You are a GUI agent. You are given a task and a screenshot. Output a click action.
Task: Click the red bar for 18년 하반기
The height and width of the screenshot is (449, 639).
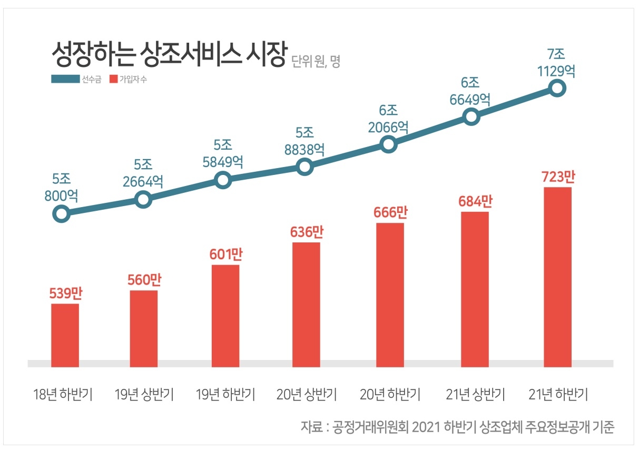(65, 335)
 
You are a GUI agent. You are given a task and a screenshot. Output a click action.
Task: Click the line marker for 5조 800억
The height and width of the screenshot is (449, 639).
(62, 214)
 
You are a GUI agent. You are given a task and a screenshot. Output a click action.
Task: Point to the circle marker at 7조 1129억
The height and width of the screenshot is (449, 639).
(557, 88)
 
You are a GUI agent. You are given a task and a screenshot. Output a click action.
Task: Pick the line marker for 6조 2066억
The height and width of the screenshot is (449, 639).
(388, 144)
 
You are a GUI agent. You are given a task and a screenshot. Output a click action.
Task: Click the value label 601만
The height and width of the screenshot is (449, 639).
(225, 255)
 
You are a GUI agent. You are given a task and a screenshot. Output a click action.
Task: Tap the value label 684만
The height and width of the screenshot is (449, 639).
(476, 202)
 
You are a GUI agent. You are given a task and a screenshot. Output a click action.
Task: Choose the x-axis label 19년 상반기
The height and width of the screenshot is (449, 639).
(144, 395)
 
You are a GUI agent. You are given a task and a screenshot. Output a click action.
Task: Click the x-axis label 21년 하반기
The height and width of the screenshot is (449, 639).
(558, 395)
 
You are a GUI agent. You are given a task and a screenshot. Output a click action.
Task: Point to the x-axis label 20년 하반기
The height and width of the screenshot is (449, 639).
(390, 395)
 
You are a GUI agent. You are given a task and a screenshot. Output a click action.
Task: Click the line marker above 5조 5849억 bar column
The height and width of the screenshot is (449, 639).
(223, 180)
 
